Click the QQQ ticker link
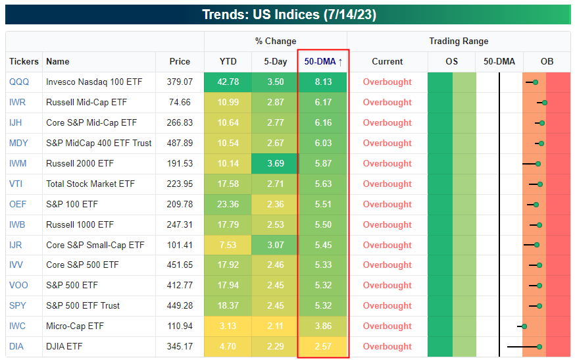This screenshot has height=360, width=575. (18, 82)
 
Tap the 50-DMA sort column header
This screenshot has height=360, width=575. (323, 62)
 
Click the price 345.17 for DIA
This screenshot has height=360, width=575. (180, 347)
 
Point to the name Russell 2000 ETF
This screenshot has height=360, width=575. (80, 164)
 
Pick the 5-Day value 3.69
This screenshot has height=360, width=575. (275, 164)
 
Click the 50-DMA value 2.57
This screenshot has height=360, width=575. (322, 347)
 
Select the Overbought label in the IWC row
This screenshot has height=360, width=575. (387, 326)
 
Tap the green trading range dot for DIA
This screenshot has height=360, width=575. (539, 347)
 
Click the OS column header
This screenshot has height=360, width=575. (451, 62)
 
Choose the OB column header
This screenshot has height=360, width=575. (547, 62)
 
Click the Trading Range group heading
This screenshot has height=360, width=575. (459, 41)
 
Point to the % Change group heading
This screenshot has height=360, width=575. (276, 41)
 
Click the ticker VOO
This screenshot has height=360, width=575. (18, 286)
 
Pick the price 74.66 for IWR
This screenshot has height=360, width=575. (180, 103)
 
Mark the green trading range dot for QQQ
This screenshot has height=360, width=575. (536, 82)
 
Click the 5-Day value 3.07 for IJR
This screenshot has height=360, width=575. (275, 245)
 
